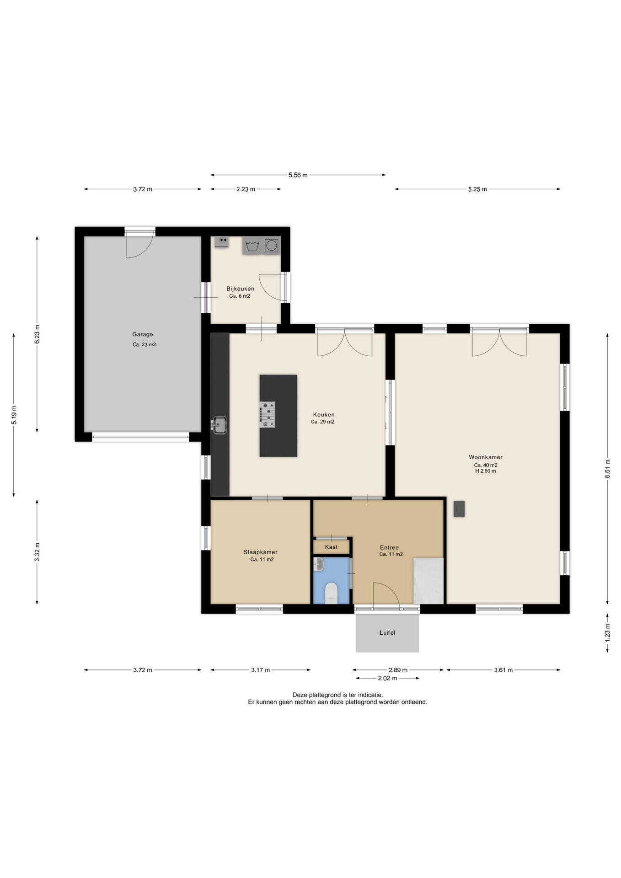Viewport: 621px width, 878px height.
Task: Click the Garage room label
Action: click(x=143, y=334)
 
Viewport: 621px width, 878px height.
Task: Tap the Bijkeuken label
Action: click(x=241, y=289)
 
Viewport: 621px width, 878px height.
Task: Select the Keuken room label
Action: click(x=324, y=415)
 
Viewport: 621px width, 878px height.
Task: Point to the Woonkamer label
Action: click(x=486, y=457)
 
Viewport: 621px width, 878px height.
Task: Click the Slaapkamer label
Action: click(x=261, y=552)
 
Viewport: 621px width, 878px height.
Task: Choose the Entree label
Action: click(x=390, y=547)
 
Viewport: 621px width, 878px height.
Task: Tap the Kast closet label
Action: click(x=332, y=547)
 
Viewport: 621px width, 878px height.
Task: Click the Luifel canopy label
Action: click(x=387, y=633)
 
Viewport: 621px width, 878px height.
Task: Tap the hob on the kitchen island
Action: click(x=268, y=415)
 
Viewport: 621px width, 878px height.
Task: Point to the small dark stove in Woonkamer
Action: click(x=459, y=509)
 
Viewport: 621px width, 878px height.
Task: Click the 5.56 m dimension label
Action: click(x=298, y=175)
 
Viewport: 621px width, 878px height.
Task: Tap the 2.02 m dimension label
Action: click(x=388, y=678)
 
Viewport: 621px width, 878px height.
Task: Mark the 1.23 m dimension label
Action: click(x=607, y=632)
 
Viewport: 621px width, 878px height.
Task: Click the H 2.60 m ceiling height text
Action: click(x=486, y=471)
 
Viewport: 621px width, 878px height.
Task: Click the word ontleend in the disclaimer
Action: click(x=414, y=702)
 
